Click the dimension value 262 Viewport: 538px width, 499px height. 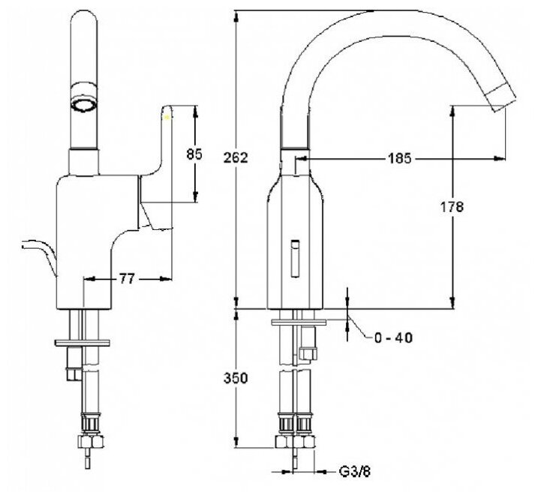tap(236, 156)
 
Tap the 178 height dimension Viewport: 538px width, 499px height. tap(453, 206)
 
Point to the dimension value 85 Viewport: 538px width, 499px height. tap(194, 154)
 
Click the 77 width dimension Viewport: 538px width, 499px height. tap(126, 279)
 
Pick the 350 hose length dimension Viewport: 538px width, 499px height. tap(236, 379)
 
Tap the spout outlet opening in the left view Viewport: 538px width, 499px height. tap(84, 101)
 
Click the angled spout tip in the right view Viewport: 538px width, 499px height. tap(497, 99)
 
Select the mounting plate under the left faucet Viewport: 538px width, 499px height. tap(83, 343)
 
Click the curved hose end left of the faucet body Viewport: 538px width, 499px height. tap(38, 252)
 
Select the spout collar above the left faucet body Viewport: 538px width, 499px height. tap(83, 161)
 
